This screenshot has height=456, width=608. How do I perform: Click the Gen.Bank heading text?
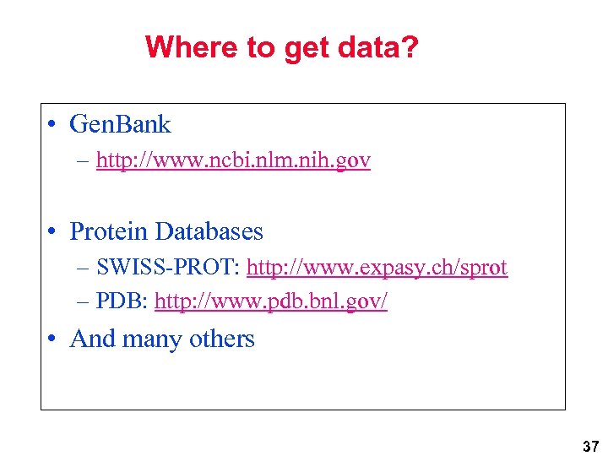click(120, 125)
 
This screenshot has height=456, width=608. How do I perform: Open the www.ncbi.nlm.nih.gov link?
click(233, 160)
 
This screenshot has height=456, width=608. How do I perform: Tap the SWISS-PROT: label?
click(170, 268)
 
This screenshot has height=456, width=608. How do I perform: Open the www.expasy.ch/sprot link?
click(377, 269)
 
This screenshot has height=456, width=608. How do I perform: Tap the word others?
click(221, 339)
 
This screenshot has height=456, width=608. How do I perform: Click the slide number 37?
click(590, 446)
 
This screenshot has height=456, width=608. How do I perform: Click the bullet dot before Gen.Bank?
click(52, 126)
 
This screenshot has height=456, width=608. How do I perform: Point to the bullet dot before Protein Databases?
click(52, 232)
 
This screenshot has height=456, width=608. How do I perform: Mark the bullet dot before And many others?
click(52, 339)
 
